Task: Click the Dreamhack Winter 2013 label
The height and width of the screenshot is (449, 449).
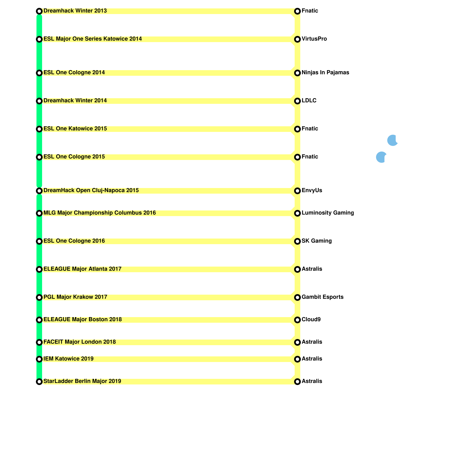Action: pos(75,11)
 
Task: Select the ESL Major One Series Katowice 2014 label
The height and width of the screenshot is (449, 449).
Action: pos(93,39)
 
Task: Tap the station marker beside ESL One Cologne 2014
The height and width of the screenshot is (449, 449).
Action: pos(39,73)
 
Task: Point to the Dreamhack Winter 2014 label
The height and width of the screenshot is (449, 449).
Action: pos(75,101)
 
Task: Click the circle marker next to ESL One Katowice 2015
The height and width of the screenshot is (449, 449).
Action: pos(39,129)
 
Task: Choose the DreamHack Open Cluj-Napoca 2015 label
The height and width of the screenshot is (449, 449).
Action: pos(91,191)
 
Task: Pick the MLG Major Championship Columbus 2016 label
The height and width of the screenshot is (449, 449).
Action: pos(100,213)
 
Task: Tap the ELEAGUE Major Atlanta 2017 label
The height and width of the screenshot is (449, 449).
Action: pos(83,269)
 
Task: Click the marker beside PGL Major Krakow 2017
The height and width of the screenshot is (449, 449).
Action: pos(39,297)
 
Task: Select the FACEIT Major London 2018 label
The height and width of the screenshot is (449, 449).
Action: pos(80,342)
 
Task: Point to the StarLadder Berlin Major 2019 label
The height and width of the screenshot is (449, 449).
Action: pos(82,381)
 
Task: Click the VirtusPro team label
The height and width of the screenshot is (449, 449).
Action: pos(314,39)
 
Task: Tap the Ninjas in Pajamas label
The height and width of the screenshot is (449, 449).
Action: pos(325,73)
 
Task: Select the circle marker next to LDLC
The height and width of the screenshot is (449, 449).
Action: pos(297,101)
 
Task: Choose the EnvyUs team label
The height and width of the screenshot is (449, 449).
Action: pos(312,191)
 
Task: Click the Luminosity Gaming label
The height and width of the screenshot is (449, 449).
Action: pos(328,213)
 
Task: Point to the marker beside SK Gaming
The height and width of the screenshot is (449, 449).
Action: pos(297,241)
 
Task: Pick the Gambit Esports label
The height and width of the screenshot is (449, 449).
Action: pos(322,297)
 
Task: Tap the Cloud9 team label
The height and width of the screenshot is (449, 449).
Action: pos(311,320)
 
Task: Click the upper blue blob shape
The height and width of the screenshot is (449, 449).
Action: pos(392,140)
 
